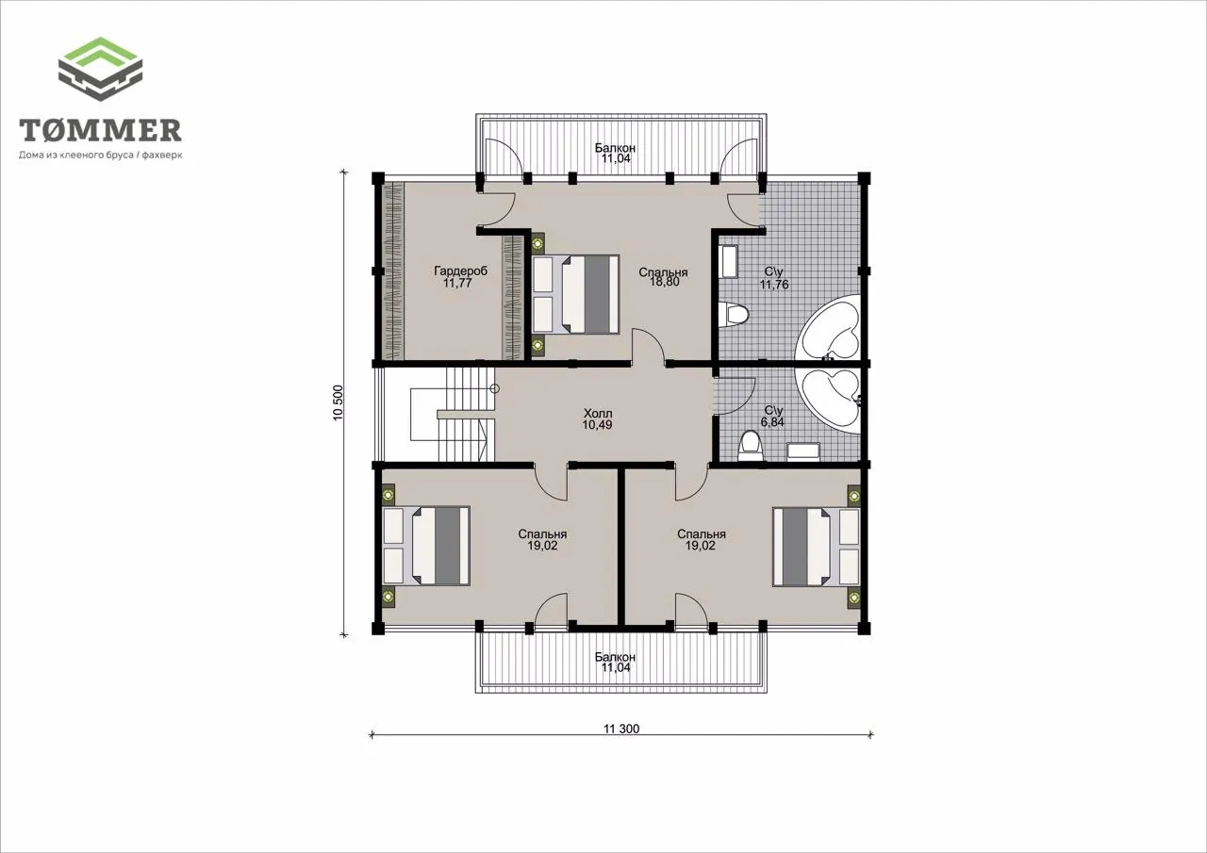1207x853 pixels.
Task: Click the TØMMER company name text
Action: click(100, 130)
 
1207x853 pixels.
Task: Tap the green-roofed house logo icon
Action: click(100, 69)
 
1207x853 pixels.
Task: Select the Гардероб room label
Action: click(460, 271)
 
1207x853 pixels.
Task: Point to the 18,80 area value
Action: click(664, 282)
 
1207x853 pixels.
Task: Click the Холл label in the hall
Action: click(598, 414)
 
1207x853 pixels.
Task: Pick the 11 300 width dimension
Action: click(621, 729)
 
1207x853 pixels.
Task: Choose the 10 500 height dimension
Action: click(338, 402)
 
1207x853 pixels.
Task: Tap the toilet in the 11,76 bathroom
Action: click(734, 315)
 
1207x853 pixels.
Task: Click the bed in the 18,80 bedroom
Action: click(575, 294)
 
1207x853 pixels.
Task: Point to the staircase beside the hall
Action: click(452, 414)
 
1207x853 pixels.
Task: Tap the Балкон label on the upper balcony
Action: click(616, 148)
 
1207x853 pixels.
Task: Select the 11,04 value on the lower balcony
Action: click(616, 667)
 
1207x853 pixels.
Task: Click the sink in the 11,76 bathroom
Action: click(729, 262)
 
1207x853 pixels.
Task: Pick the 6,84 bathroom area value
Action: click(771, 422)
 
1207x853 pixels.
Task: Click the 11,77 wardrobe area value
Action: click(457, 283)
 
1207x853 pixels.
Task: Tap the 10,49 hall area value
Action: click(597, 425)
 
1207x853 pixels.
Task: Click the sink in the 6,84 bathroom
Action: click(803, 451)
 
